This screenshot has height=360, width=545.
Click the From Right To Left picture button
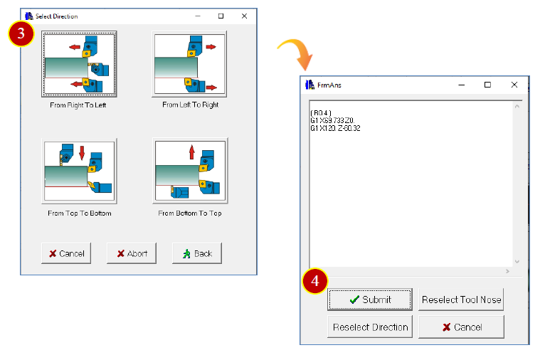click(79, 64)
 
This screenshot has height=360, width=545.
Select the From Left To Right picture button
click(189, 64)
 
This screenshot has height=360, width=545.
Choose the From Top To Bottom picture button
click(79, 171)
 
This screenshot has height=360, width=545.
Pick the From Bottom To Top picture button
click(190, 171)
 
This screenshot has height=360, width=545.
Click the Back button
click(197, 253)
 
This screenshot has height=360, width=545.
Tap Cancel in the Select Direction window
click(66, 253)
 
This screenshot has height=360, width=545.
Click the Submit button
click(370, 300)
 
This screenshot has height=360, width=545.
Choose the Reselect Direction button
click(370, 327)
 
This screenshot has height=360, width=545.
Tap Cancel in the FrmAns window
click(461, 327)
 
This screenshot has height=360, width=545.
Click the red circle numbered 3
click(21, 33)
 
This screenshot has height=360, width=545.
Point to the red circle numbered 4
click(315, 281)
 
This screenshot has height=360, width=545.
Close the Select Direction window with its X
click(244, 16)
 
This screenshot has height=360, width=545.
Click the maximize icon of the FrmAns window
click(487, 85)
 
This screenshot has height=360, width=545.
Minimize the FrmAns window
click(462, 85)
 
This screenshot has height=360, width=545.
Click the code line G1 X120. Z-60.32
click(335, 128)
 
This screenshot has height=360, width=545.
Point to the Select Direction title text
click(57, 16)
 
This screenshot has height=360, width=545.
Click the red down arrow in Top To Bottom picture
click(82, 153)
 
